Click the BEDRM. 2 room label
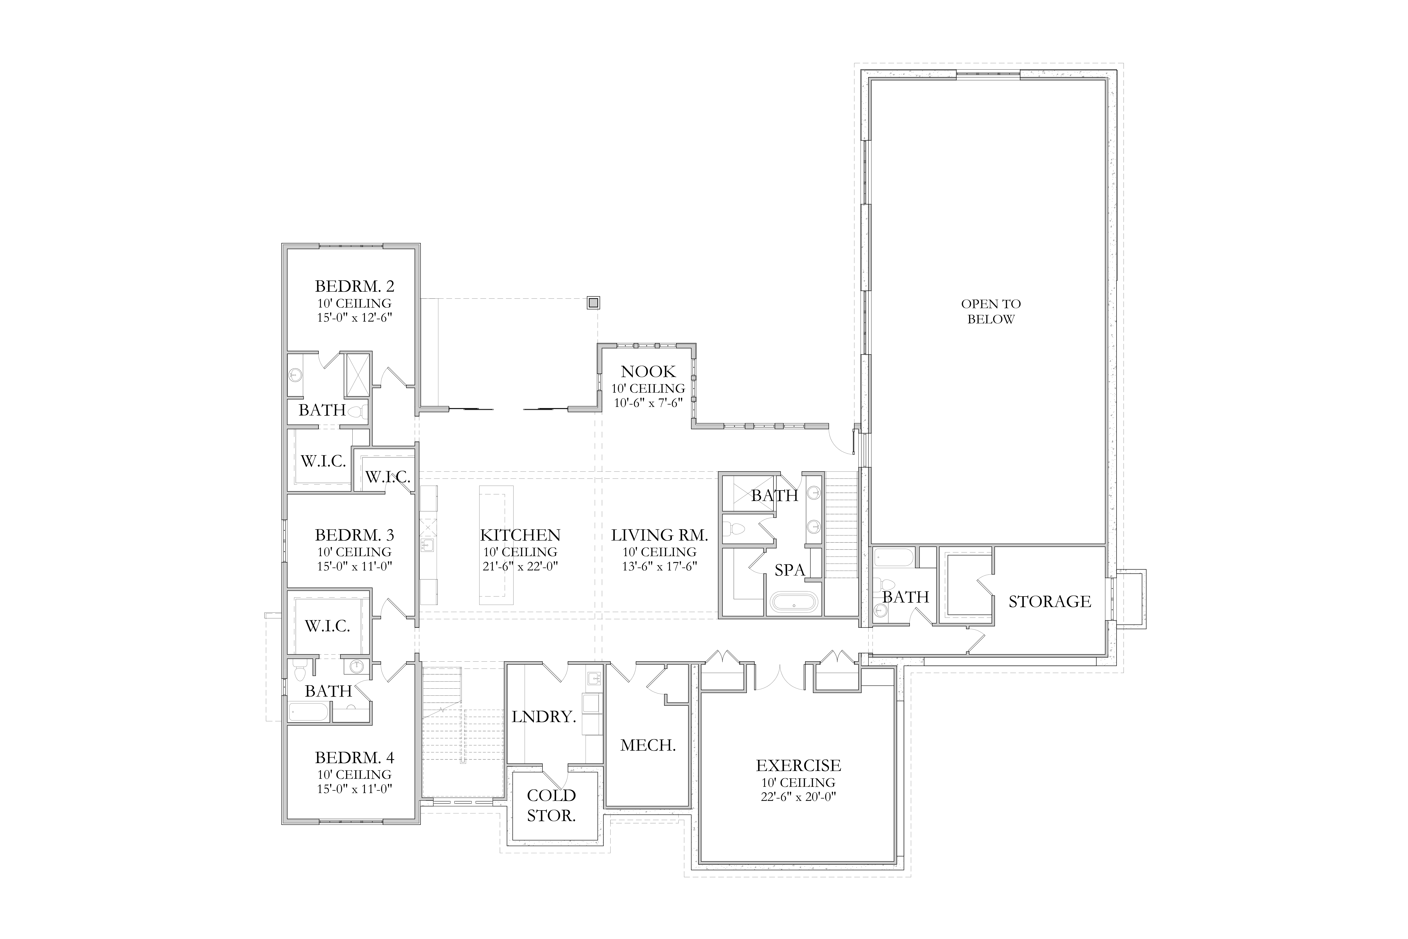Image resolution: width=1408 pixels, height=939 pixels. [x=354, y=286]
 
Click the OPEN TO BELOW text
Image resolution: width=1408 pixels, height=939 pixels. [x=991, y=311]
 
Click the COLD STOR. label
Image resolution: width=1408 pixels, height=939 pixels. [x=551, y=805]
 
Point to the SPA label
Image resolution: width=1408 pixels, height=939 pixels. [x=790, y=570]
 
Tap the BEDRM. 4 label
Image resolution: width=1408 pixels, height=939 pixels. [x=354, y=757]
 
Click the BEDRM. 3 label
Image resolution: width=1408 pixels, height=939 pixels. [x=354, y=535]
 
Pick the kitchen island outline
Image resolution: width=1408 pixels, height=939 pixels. [x=496, y=545]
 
